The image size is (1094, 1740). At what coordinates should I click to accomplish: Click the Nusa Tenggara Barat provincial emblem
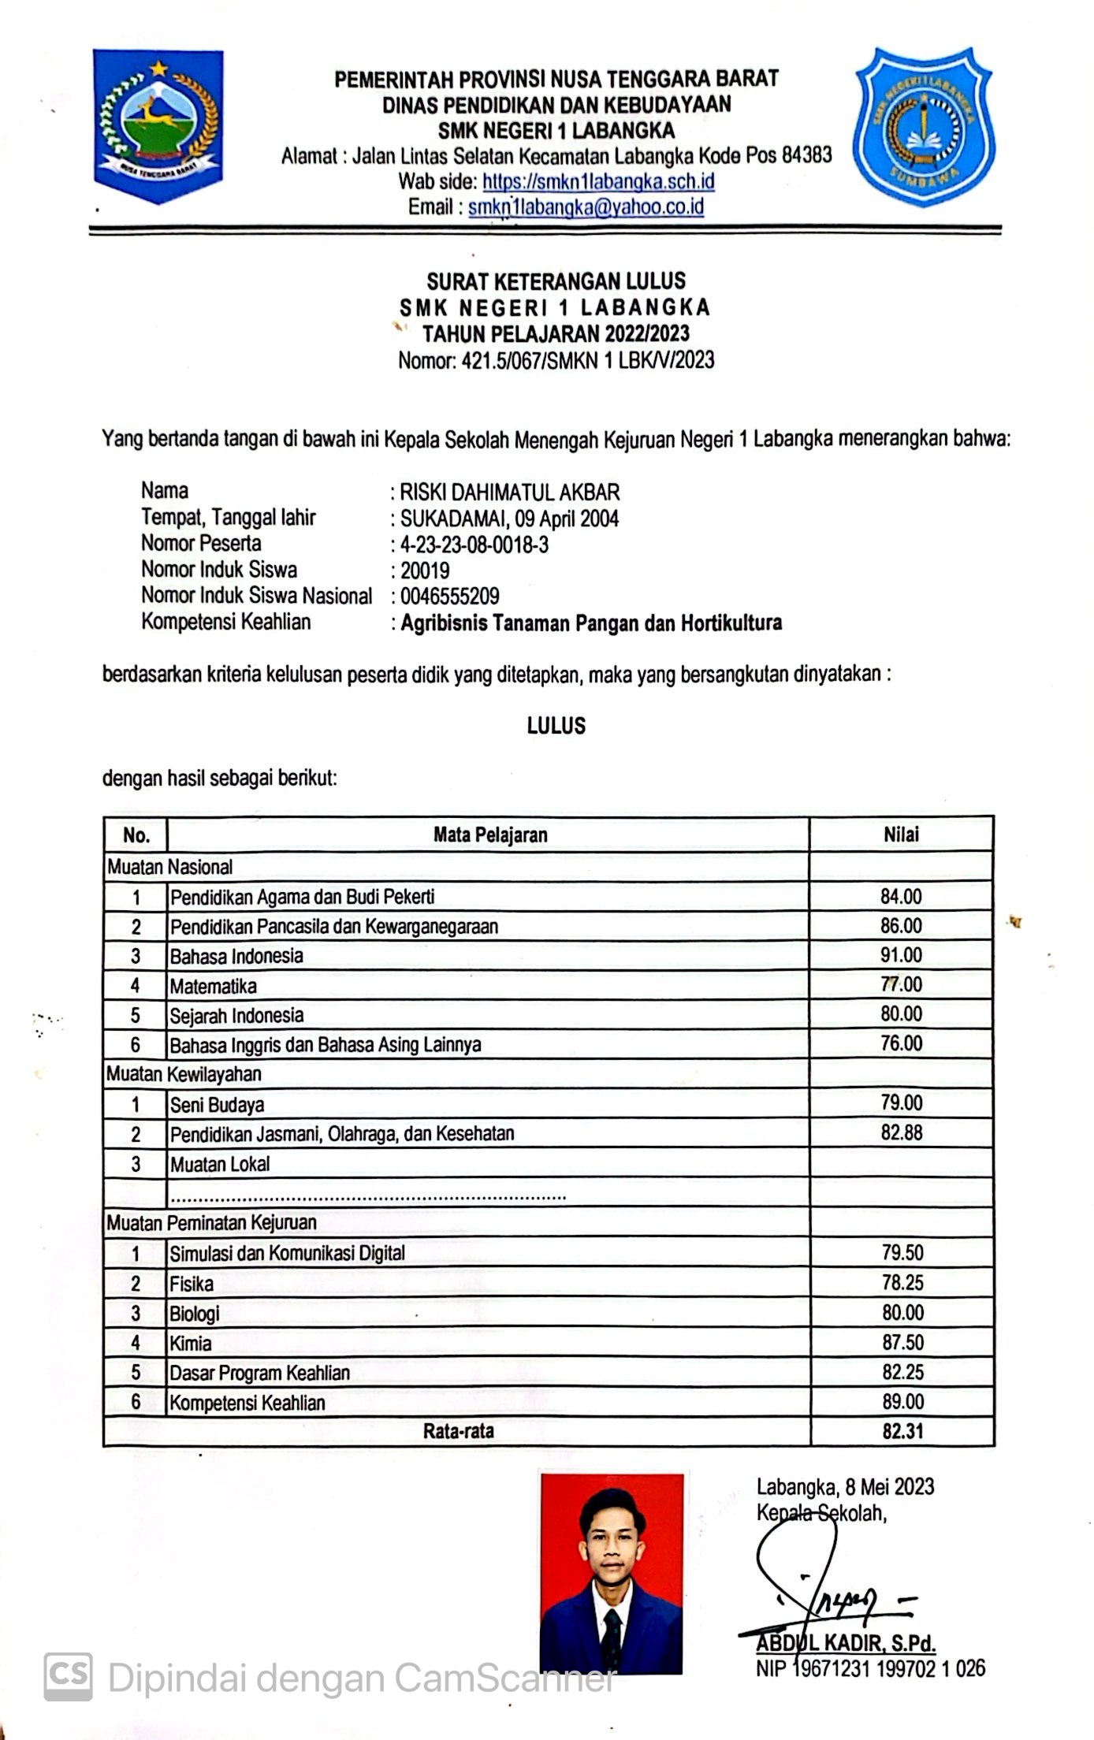click(158, 125)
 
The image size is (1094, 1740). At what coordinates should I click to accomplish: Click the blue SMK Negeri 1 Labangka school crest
click(924, 126)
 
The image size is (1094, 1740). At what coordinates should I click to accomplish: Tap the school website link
click(598, 182)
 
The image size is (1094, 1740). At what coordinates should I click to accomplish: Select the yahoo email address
click(586, 207)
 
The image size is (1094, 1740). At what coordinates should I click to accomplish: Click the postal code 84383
click(806, 155)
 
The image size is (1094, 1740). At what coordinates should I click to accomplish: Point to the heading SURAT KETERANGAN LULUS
click(556, 281)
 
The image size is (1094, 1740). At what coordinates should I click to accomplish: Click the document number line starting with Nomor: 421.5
click(556, 361)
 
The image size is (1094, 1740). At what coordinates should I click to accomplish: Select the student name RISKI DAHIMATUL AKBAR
click(510, 493)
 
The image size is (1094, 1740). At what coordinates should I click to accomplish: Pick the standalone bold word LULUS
click(556, 726)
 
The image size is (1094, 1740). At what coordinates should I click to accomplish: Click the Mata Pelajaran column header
click(490, 835)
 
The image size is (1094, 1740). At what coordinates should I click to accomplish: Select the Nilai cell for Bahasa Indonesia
click(901, 955)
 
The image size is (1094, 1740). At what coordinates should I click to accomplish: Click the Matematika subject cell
click(214, 986)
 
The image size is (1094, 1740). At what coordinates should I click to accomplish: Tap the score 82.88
click(902, 1133)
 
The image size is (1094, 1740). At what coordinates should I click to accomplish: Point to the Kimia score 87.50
click(902, 1342)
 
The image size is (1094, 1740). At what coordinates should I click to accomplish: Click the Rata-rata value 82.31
click(902, 1431)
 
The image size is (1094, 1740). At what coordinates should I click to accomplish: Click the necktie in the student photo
click(611, 1638)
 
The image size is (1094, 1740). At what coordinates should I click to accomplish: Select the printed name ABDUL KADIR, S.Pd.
click(846, 1643)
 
